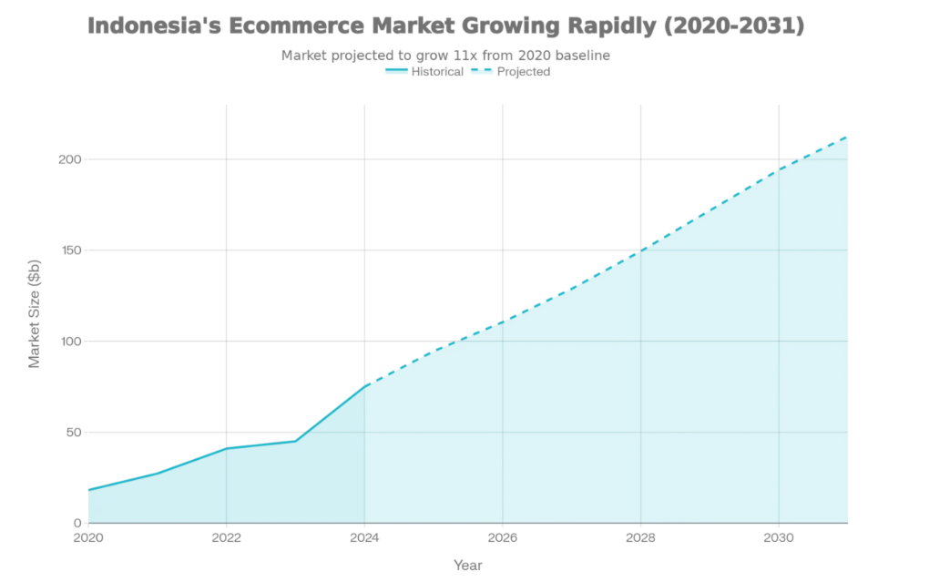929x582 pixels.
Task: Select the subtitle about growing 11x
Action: point(445,56)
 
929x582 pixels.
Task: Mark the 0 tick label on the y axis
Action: point(77,524)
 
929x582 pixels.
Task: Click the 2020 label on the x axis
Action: point(88,537)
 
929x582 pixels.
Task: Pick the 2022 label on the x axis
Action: point(226,537)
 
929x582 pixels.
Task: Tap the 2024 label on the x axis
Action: point(364,537)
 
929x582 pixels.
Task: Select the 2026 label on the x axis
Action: point(502,537)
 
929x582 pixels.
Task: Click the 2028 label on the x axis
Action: point(640,537)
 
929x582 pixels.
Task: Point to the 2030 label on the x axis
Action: point(778,537)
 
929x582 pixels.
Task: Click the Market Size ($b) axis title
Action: point(35,315)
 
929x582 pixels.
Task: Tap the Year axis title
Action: point(468,566)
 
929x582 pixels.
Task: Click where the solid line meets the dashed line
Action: point(364,386)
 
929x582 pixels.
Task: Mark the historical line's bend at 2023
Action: point(295,441)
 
